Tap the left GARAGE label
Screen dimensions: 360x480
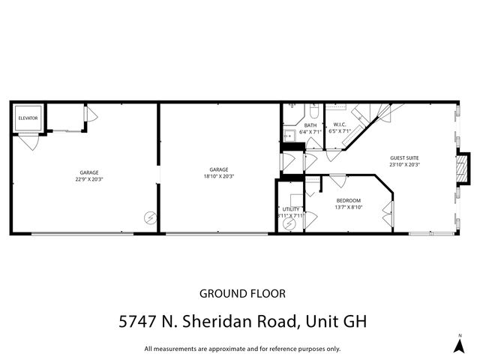click(89, 172)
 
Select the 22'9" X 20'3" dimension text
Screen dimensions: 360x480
click(89, 179)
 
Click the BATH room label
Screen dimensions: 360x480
click(310, 125)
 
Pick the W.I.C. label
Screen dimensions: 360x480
click(339, 125)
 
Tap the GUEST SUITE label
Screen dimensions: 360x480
click(404, 158)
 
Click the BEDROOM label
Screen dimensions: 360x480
click(349, 200)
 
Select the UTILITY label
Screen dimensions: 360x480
click(291, 209)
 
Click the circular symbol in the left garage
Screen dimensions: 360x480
click(150, 217)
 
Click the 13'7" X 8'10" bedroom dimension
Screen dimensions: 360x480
click(349, 207)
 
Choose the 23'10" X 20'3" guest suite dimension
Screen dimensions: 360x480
click(404, 165)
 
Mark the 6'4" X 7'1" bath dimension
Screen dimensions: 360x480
click(310, 132)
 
